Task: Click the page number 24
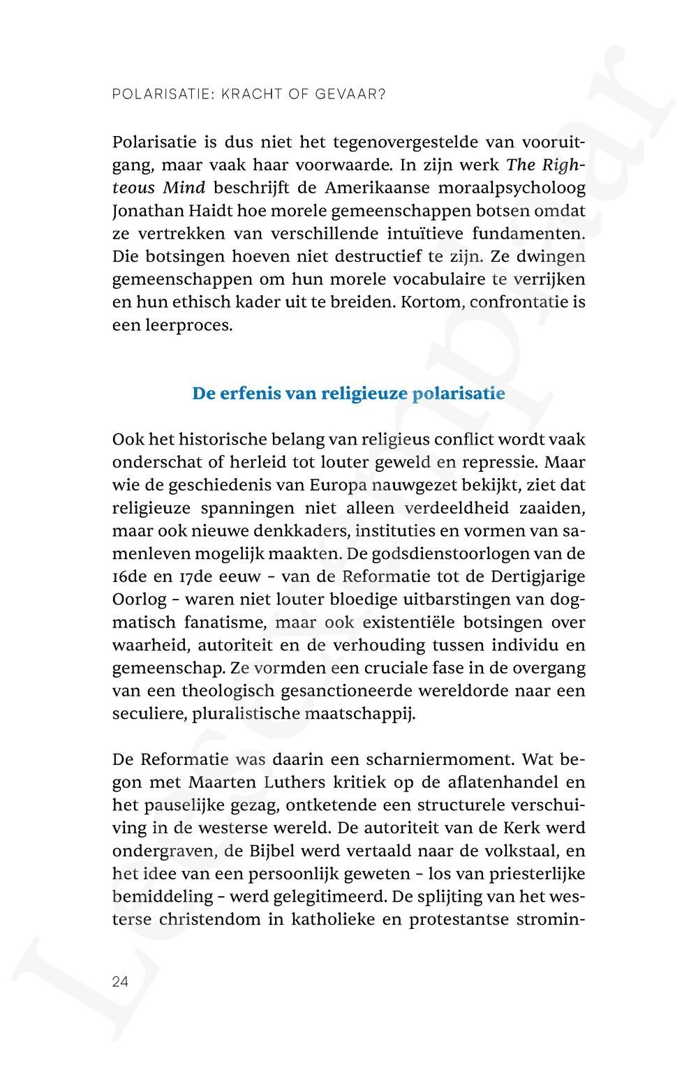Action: tap(120, 981)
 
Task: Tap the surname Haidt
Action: tap(205, 211)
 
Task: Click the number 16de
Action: tap(131, 576)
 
